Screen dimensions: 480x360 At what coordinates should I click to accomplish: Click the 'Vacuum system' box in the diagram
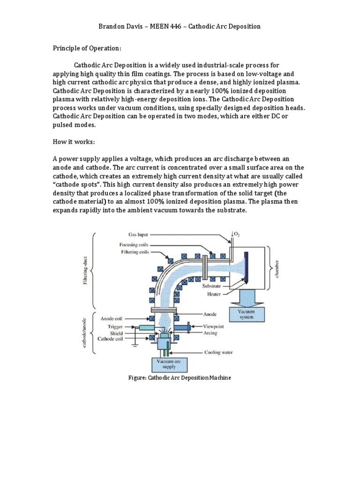tap(246, 314)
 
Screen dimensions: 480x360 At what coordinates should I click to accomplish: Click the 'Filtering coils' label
tap(135, 252)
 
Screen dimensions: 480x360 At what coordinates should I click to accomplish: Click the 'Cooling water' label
tap(217, 352)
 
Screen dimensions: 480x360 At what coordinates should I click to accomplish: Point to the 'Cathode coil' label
tap(110, 338)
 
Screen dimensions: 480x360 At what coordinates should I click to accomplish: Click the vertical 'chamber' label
tap(277, 269)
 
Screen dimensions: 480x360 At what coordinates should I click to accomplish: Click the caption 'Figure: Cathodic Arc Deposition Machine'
tap(180, 378)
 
